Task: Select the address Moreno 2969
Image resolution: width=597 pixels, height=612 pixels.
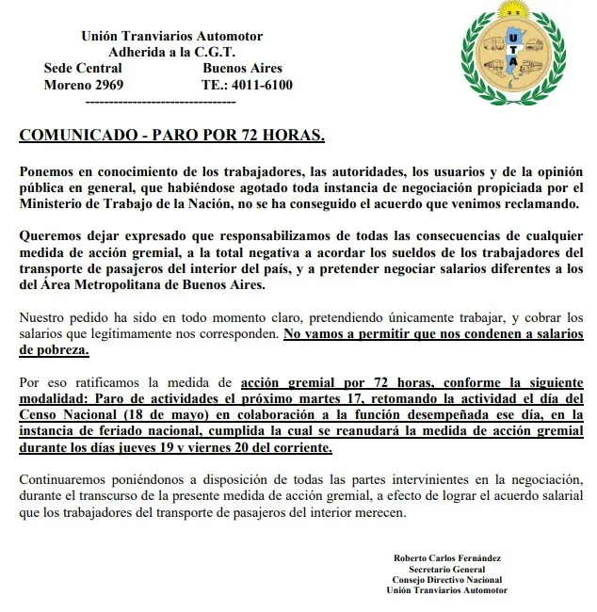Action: [x=84, y=85]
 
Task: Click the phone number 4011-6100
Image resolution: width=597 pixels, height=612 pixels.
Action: [x=261, y=85]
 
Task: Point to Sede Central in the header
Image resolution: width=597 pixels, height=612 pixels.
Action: [x=83, y=68]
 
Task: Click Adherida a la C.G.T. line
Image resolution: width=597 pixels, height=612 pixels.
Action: [x=171, y=52]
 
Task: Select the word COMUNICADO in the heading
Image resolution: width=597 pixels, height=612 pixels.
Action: [x=78, y=135]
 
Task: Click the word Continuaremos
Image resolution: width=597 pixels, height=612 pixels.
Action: [x=63, y=479]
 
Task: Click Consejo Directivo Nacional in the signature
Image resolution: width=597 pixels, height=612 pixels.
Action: [x=446, y=579]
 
